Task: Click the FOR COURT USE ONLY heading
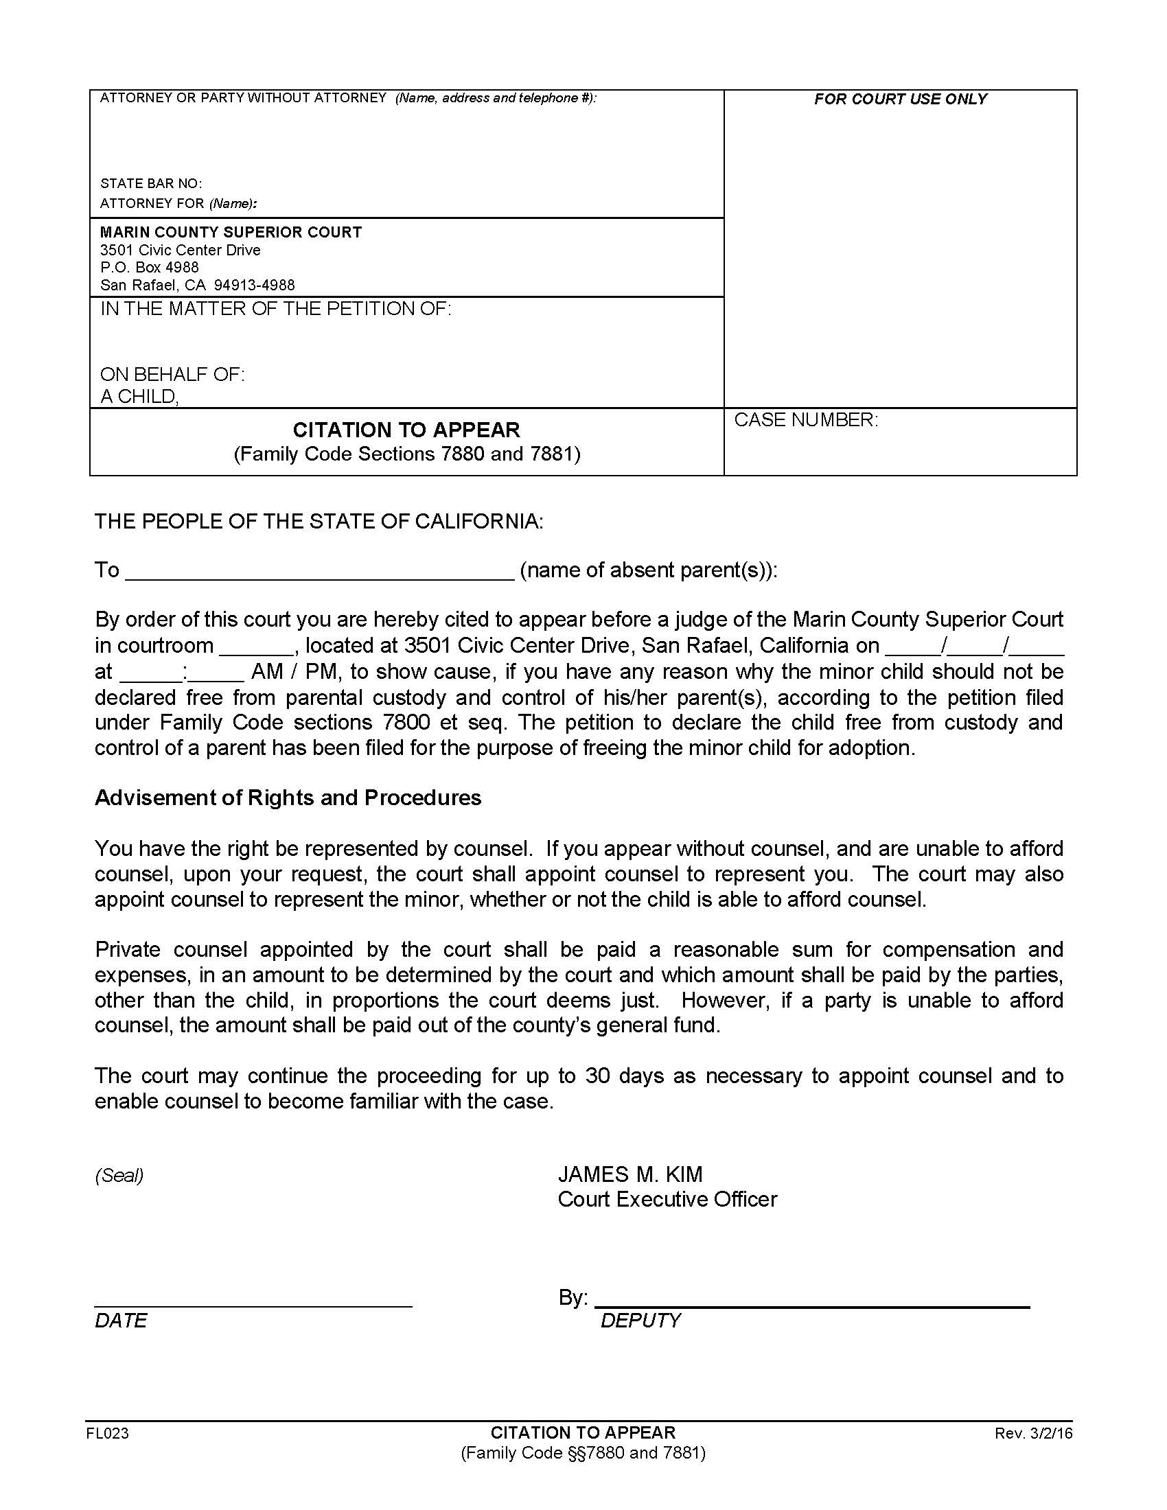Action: pos(900,99)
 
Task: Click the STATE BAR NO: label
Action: pos(151,183)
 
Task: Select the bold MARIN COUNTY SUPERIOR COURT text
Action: pos(231,232)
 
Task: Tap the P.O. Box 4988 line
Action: pos(150,267)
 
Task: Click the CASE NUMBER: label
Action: pos(805,419)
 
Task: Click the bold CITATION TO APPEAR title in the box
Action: pos(406,430)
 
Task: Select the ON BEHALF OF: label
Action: pos(172,374)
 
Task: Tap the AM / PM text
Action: pos(293,671)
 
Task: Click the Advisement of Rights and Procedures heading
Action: pos(288,797)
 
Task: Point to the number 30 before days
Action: pos(597,1076)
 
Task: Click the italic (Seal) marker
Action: pos(119,1174)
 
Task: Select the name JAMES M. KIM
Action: pos(629,1174)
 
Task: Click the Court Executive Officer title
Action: pos(667,1199)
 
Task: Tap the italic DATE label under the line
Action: pos(121,1321)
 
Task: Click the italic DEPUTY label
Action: pos(640,1321)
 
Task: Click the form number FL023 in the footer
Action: pos(108,1433)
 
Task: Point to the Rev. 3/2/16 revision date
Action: pos(1033,1433)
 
